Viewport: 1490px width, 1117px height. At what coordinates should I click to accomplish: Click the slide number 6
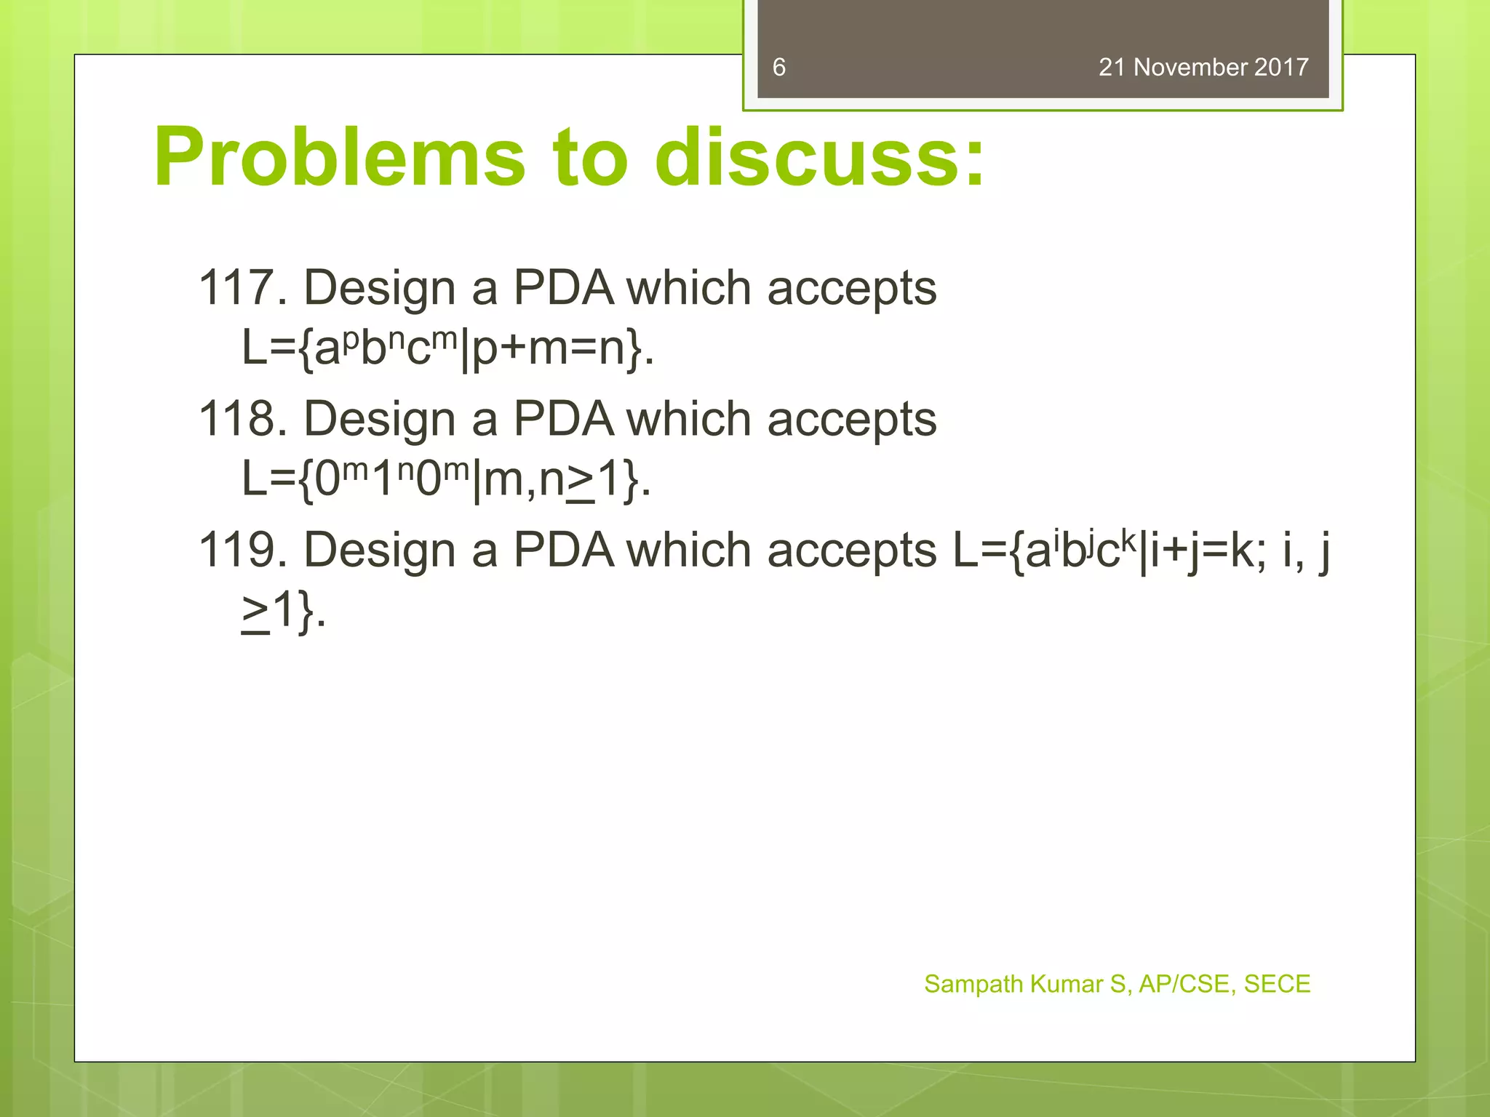(778, 68)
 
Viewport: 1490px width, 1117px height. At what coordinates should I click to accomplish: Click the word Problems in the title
(339, 158)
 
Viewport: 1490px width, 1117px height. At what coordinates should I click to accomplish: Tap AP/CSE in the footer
(1184, 984)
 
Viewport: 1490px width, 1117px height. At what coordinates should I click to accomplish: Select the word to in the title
(589, 158)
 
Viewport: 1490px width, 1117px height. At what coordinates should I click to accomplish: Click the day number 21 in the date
(1112, 68)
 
